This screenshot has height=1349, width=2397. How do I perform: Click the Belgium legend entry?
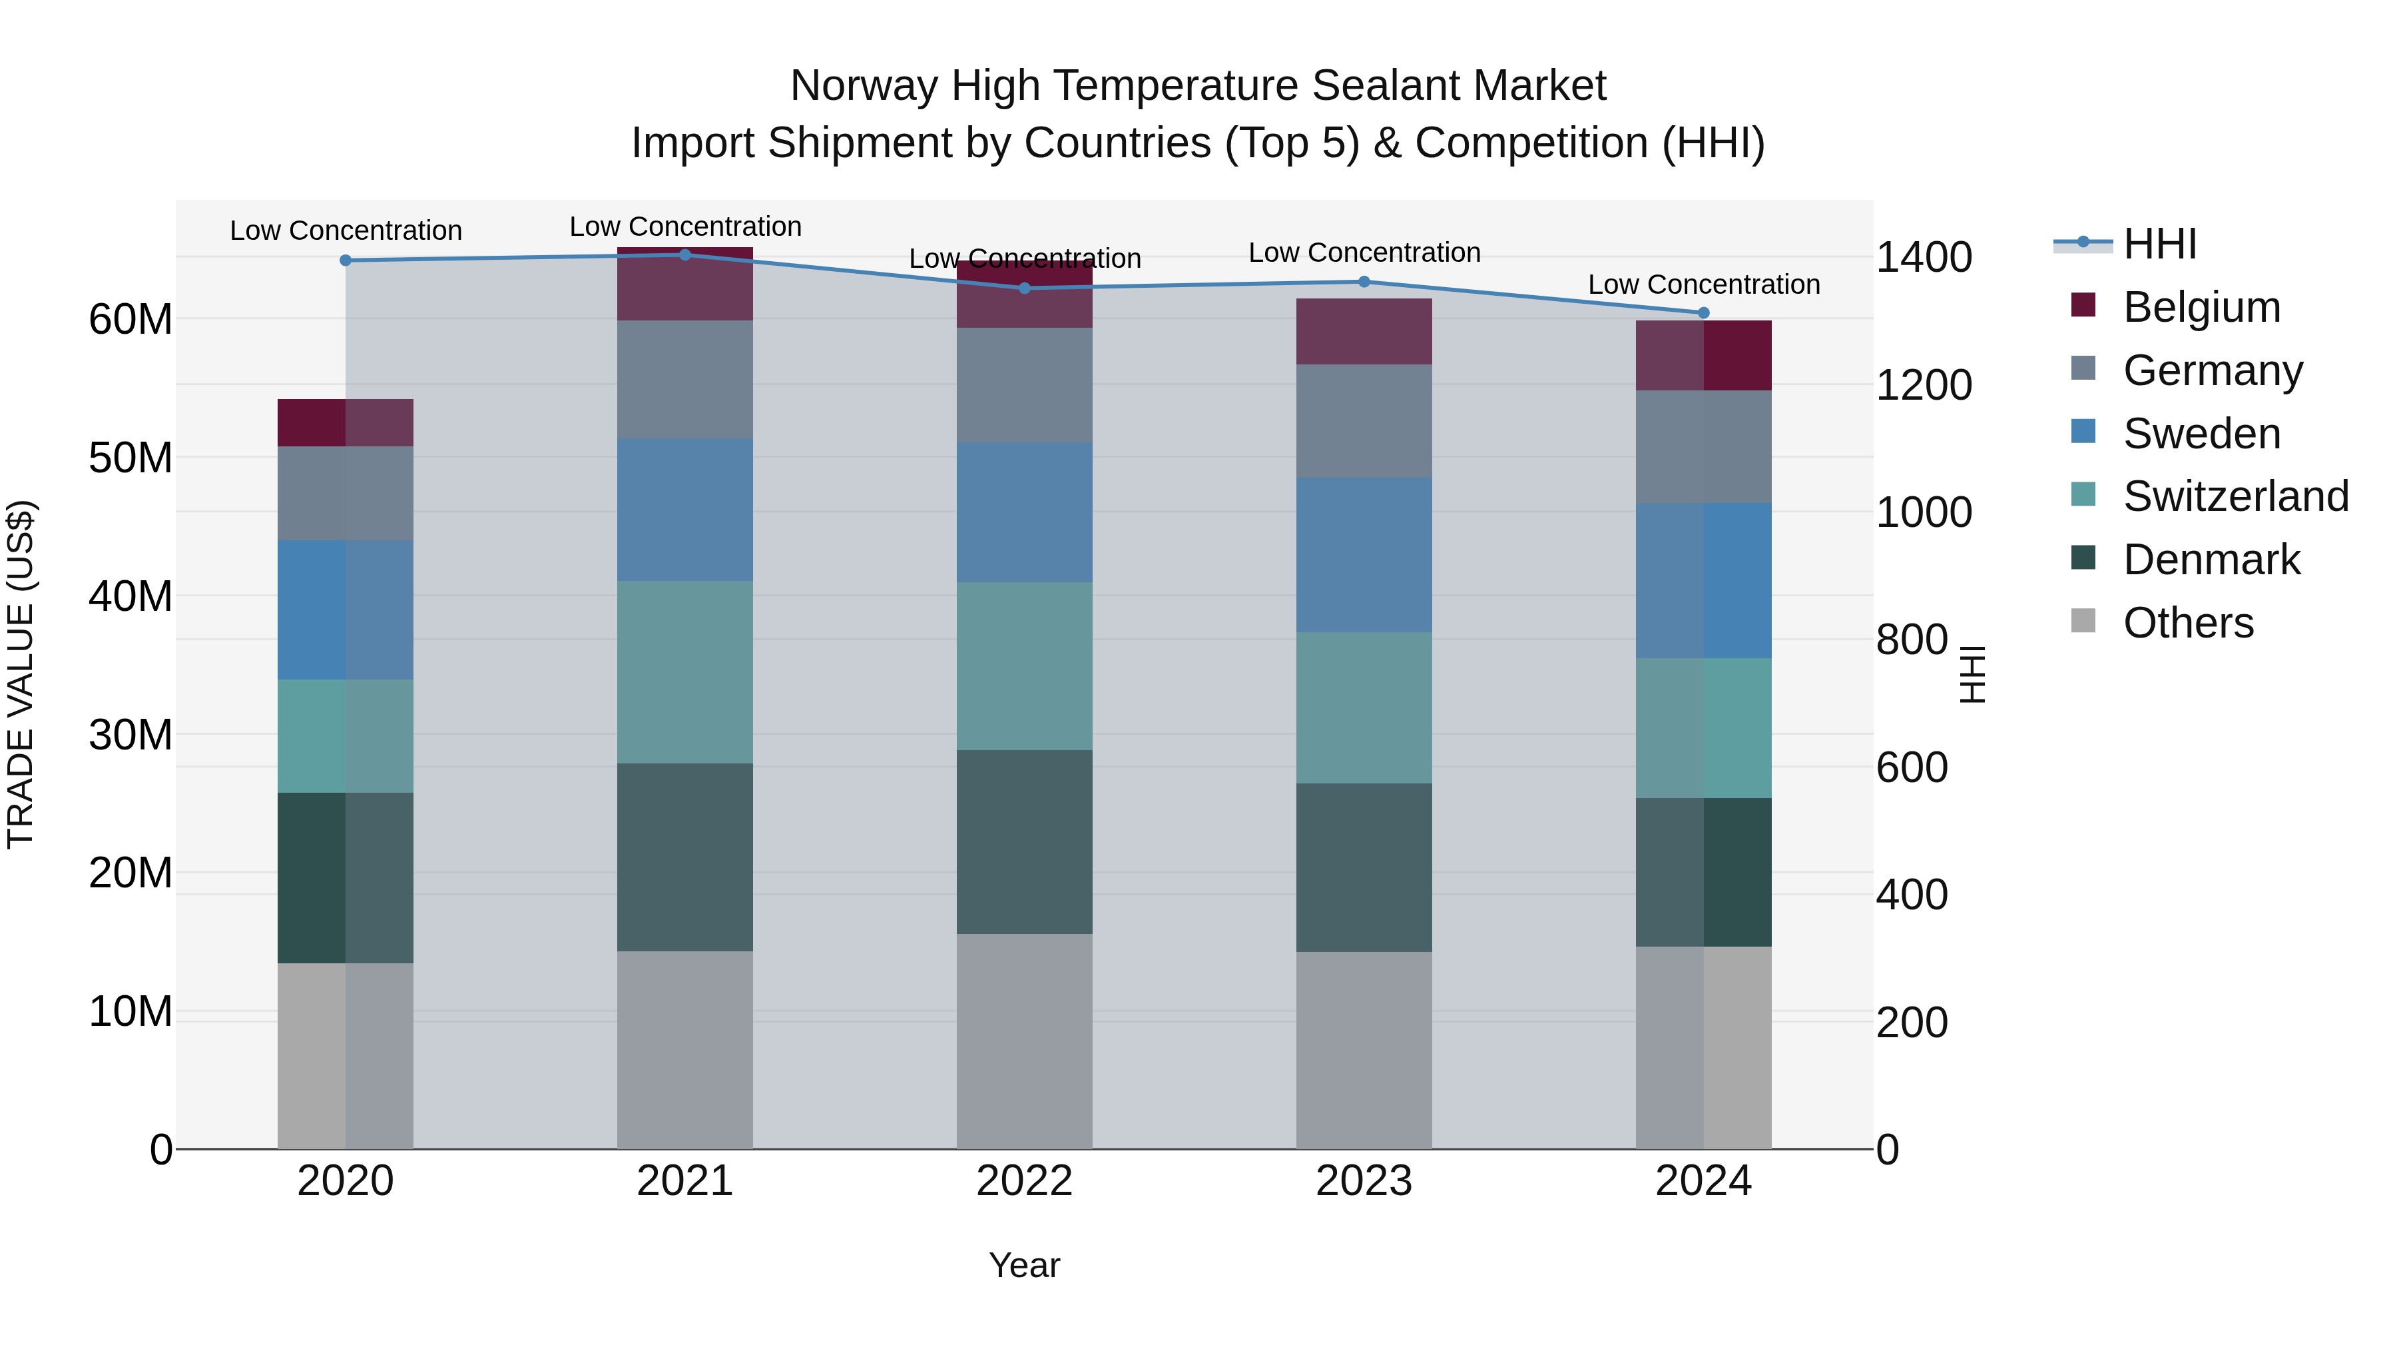[2201, 307]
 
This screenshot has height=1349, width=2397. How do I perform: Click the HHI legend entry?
[2159, 244]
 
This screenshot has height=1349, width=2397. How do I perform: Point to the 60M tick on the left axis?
[131, 319]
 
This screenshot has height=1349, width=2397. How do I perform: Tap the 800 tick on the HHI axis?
[1911, 640]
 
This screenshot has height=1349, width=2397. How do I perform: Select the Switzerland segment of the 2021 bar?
[685, 672]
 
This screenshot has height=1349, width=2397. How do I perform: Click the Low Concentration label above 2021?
[685, 226]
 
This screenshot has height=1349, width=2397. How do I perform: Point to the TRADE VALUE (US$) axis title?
[21, 674]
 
